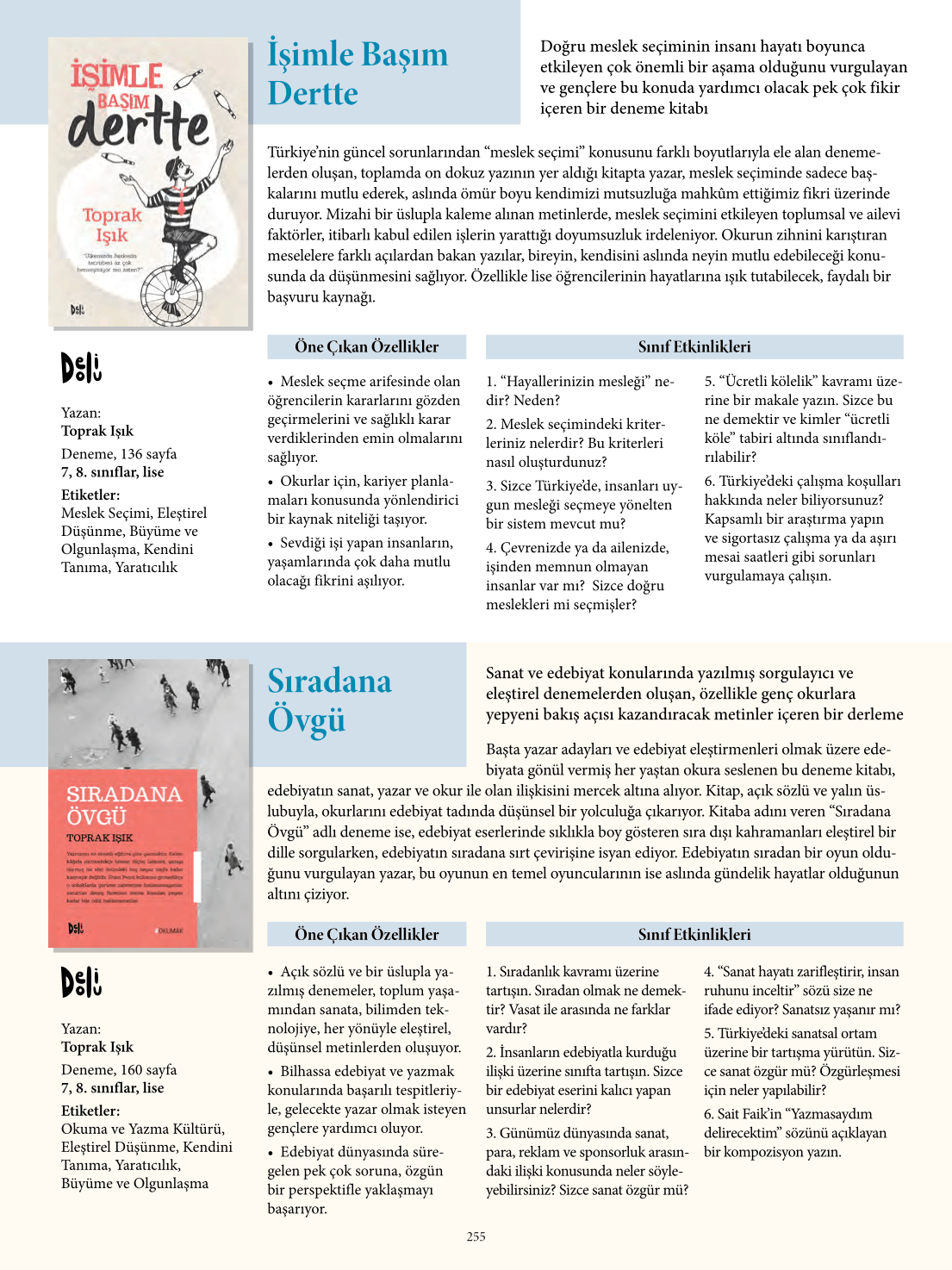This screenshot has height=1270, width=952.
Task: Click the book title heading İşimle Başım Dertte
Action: click(x=357, y=73)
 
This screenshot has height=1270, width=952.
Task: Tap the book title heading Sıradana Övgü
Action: click(x=329, y=700)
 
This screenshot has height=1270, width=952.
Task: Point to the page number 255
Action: click(x=476, y=1236)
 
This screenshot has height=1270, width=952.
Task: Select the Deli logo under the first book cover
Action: click(x=81, y=368)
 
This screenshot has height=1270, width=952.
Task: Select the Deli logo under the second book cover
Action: click(x=81, y=982)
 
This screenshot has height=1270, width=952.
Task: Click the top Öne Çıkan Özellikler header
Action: click(x=366, y=346)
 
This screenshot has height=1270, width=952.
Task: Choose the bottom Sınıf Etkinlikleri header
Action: click(x=694, y=934)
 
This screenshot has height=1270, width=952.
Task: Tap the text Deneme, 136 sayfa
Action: click(x=119, y=453)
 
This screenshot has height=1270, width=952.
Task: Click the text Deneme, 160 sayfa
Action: click(x=119, y=1069)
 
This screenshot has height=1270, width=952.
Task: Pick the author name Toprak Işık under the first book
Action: click(x=97, y=431)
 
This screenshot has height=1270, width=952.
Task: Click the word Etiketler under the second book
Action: click(x=90, y=1111)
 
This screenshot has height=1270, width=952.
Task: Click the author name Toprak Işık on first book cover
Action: click(x=112, y=225)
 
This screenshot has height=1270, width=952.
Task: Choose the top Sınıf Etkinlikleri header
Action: click(x=694, y=346)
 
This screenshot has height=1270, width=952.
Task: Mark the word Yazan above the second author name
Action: click(x=80, y=1029)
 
